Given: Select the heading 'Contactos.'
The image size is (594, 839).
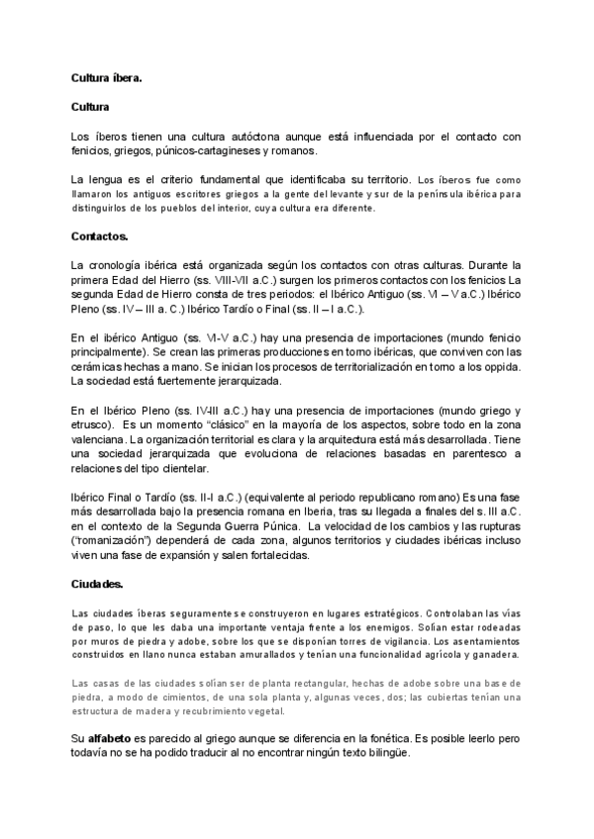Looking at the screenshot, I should [100, 237].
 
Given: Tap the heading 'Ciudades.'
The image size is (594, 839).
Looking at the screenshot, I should [97, 585].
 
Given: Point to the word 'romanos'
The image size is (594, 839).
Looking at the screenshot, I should [294, 150].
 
